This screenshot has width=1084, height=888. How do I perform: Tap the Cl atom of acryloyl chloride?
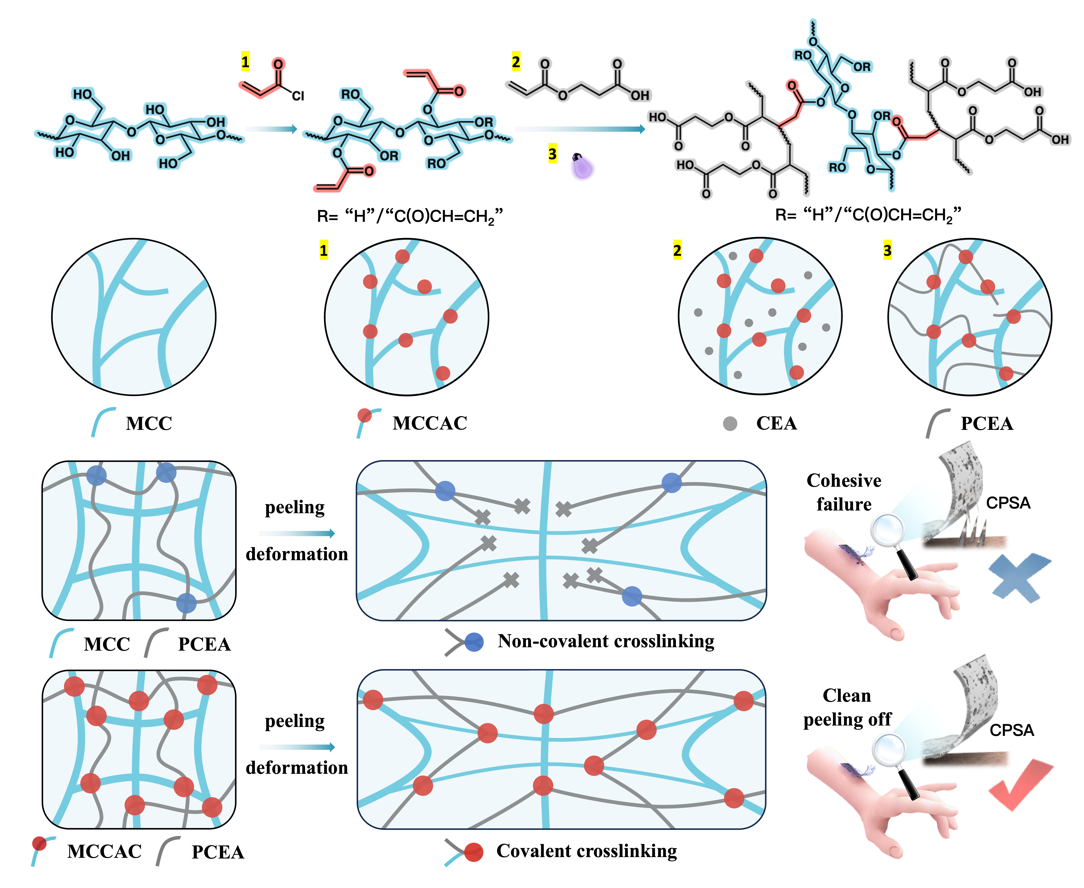[x=298, y=96]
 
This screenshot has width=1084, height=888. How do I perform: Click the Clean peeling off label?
[x=847, y=707]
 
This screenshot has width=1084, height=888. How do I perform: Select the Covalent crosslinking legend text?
[x=586, y=851]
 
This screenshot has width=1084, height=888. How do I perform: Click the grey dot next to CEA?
[x=730, y=424]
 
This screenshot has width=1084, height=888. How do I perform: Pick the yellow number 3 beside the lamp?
[x=552, y=154]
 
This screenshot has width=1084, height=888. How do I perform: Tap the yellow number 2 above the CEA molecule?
[x=516, y=62]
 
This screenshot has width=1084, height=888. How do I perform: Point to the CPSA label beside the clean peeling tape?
[x=1011, y=730]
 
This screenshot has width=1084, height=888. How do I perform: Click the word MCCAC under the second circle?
[x=430, y=423]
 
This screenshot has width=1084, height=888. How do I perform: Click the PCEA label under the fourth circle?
[x=987, y=424]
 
